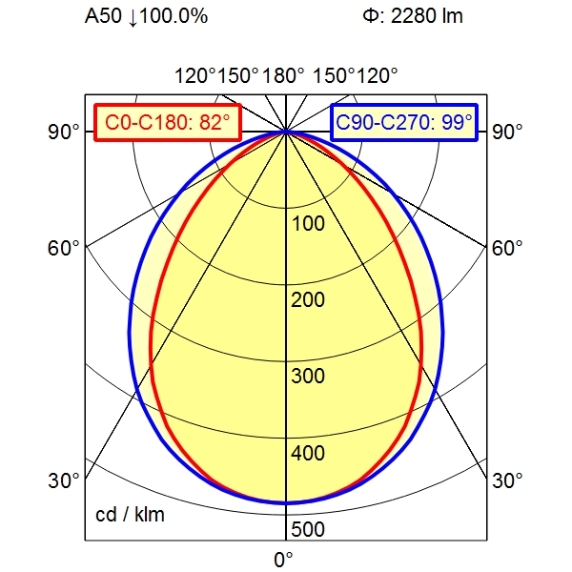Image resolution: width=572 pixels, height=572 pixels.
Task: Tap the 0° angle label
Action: point(284,560)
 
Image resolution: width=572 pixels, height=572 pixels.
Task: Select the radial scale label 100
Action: point(308,224)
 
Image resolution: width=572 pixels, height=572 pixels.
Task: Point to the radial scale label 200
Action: point(308,300)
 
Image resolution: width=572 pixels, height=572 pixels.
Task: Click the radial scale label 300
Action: point(308,377)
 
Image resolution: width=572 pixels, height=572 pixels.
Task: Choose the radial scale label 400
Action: point(308,453)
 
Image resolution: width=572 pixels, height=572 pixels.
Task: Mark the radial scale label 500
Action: point(308,530)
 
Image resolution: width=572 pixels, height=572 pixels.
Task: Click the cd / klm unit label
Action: point(130,516)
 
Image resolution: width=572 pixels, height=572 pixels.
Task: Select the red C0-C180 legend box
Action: point(167,123)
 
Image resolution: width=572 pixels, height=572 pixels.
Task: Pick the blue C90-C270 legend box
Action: point(404,123)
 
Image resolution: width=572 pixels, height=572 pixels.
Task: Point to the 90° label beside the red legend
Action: point(65,132)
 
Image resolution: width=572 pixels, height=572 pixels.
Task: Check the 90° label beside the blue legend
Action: point(507,132)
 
